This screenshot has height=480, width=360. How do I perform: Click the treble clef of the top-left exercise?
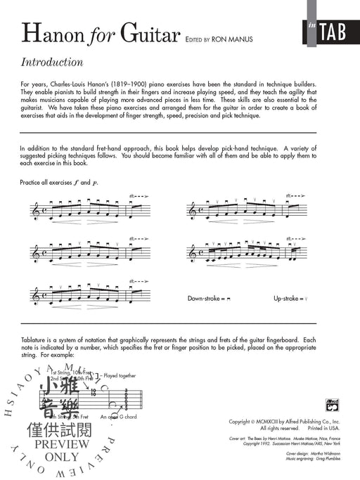tap(36, 210)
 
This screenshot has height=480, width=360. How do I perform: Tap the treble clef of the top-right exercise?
tap(191, 210)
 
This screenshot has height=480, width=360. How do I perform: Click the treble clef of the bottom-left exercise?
tap(36, 296)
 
